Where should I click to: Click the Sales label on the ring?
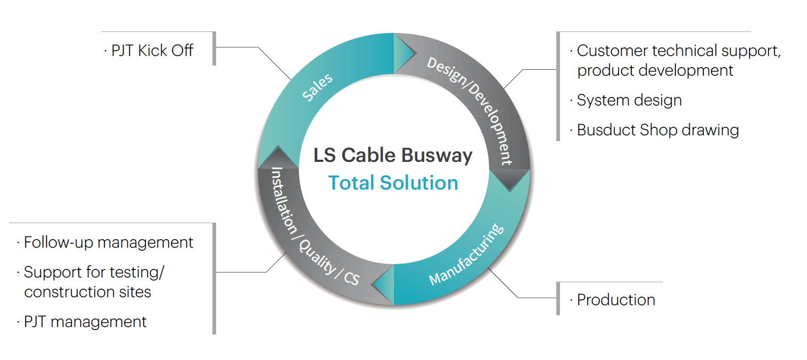point(317,87)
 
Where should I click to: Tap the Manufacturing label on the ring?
point(466,254)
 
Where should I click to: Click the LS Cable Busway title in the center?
point(393,155)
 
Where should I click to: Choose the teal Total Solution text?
point(393,183)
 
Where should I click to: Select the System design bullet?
point(629,100)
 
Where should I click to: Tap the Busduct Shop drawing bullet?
point(657,130)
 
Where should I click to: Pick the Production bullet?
point(615,300)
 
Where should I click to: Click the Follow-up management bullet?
point(109,242)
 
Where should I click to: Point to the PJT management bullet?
point(85,322)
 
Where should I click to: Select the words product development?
point(655,70)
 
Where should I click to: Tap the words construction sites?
point(88,292)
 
